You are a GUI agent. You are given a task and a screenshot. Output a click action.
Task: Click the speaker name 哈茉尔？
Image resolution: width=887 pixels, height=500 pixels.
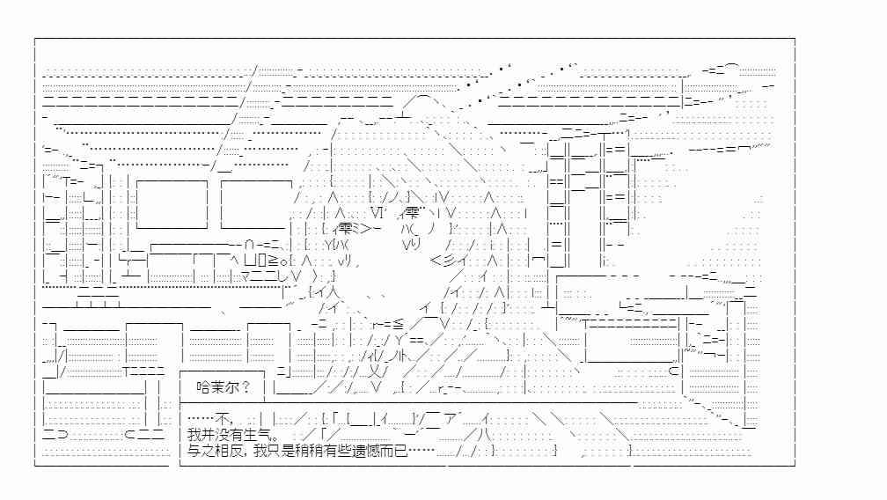(223, 387)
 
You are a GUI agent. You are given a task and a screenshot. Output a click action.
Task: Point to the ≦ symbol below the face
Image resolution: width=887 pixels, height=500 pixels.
(398, 324)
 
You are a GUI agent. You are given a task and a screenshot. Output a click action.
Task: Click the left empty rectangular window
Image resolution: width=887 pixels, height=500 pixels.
(172, 204)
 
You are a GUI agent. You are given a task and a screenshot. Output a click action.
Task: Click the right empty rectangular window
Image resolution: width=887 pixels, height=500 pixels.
(256, 204)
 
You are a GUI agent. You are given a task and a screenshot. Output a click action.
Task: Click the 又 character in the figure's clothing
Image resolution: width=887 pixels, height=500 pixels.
(373, 371)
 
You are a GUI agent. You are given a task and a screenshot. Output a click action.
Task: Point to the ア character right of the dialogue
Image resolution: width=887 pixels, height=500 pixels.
(451, 419)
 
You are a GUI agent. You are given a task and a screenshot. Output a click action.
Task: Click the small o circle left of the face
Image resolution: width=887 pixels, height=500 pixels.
(288, 261)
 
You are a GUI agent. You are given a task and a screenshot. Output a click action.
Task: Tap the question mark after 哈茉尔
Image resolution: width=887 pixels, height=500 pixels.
(246, 387)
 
